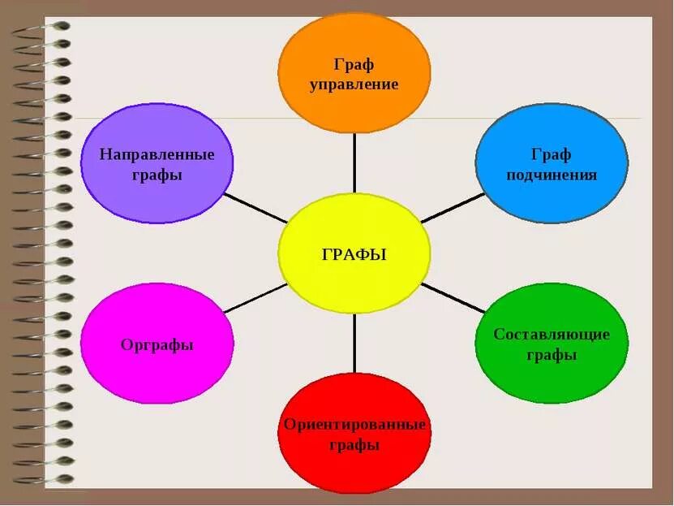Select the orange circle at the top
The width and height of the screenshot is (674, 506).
[354, 73]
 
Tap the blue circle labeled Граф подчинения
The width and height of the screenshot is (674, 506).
[551, 163]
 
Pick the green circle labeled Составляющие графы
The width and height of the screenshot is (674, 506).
[551, 344]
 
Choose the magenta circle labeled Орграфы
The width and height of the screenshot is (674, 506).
[157, 344]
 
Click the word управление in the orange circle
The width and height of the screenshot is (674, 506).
[354, 84]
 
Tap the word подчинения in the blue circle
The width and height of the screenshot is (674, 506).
[552, 175]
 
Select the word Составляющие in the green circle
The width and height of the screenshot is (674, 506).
[552, 334]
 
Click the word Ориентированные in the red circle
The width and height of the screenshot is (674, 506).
[354, 425]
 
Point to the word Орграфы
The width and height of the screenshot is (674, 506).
[157, 344]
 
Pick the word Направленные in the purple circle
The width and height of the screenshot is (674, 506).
[157, 154]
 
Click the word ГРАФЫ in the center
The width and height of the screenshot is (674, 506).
[354, 254]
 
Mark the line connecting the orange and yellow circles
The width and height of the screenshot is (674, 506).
[354, 162]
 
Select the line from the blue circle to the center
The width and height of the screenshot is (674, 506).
[453, 208]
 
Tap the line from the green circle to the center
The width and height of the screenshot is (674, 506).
[453, 298]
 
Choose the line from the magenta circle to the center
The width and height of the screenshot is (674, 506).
[255, 298]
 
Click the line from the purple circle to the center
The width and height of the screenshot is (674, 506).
[255, 208]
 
